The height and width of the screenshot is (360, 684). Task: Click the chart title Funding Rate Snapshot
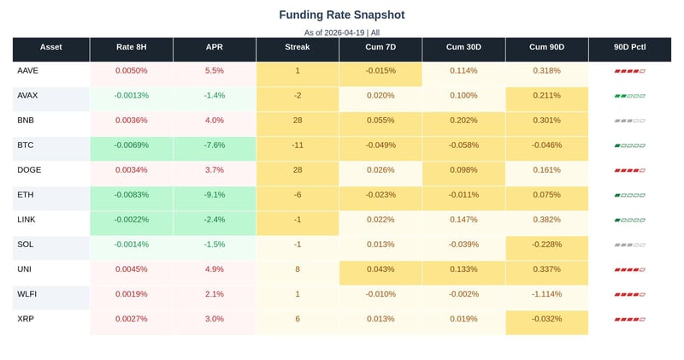342,15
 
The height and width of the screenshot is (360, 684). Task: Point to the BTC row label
26,145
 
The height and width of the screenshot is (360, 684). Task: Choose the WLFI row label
27,294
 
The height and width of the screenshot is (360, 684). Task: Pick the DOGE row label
29,170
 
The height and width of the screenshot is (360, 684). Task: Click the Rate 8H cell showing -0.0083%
132,195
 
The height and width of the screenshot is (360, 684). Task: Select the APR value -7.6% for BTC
215,145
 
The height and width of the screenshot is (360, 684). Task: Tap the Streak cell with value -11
298,145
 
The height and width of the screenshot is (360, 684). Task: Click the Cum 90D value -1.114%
546,294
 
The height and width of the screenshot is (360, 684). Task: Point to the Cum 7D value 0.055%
380,121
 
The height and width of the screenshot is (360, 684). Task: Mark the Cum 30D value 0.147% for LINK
463,220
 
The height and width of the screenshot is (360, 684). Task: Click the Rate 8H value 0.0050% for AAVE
132,71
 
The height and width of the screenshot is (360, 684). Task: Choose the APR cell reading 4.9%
215,269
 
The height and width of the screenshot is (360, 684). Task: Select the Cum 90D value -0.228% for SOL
546,245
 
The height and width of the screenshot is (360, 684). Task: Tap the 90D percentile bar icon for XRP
630,320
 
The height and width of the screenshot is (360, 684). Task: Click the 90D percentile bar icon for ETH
630,196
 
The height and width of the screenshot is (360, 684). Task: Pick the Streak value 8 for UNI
298,269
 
